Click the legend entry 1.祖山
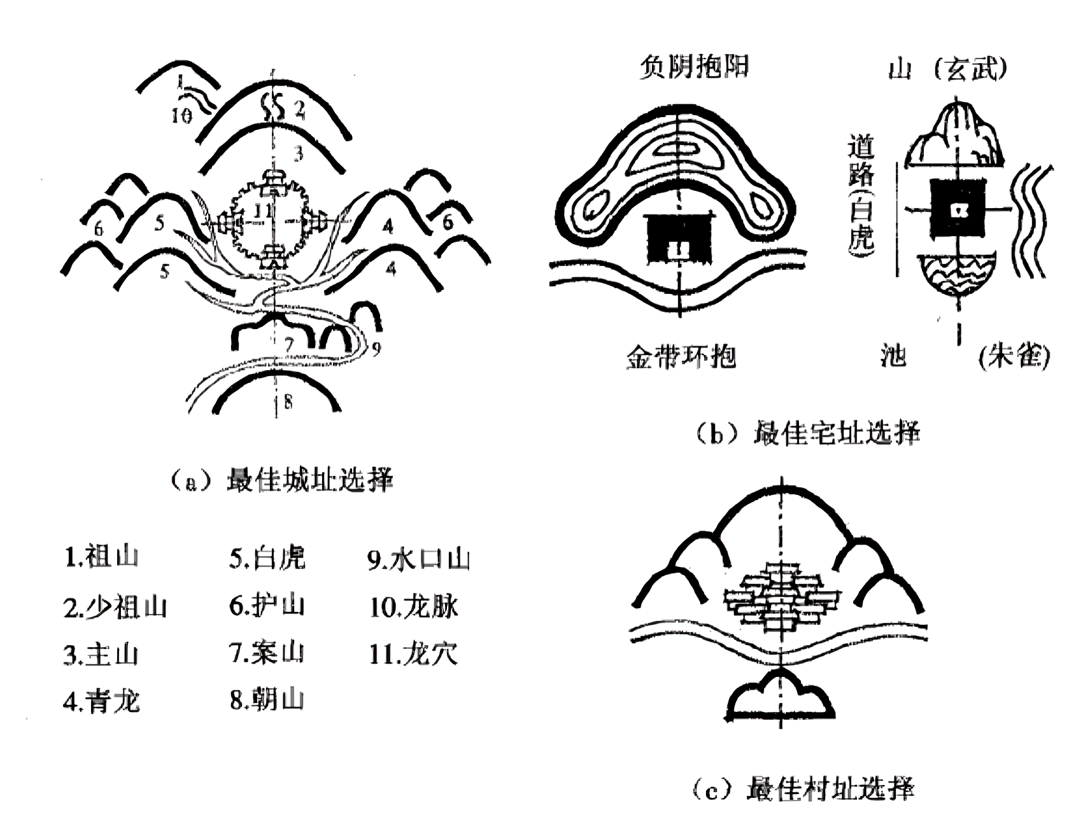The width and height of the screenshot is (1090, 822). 101,557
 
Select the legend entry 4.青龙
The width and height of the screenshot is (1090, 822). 101,701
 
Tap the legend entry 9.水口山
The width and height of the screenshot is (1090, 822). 418,559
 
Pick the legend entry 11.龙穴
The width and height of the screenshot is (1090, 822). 413,653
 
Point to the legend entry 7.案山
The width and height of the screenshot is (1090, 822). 266,653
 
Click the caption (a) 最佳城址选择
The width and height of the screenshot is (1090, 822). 282,480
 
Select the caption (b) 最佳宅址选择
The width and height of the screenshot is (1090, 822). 807,434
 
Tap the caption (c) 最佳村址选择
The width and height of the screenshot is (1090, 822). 803,789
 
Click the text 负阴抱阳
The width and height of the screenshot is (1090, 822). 694,66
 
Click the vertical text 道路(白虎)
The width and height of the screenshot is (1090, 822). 861,195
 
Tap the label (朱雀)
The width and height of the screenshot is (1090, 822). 1014,356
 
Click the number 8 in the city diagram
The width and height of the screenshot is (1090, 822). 288,402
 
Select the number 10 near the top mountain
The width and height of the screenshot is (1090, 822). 181,115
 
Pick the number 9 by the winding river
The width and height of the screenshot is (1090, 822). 376,348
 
